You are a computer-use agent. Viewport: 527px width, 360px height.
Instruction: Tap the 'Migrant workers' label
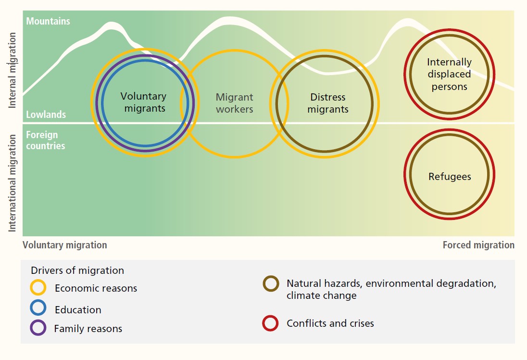(234, 103)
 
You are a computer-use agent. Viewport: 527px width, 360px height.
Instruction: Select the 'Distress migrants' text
(328, 103)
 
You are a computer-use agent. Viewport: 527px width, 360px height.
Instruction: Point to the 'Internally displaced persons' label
(449, 75)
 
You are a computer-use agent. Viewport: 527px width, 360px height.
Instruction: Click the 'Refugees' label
(450, 177)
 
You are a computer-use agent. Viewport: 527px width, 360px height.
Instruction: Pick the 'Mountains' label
(48, 21)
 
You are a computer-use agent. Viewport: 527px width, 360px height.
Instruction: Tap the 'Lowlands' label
(46, 115)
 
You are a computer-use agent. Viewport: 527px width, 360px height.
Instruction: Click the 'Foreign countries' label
(45, 140)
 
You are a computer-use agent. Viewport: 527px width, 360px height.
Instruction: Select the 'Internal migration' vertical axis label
(13, 70)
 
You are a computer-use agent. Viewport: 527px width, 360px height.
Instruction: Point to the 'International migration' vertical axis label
(13, 183)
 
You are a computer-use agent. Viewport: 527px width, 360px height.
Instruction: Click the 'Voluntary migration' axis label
(65, 245)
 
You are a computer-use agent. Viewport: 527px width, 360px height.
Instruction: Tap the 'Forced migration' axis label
(478, 245)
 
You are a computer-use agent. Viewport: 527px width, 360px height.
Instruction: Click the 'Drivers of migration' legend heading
(77, 270)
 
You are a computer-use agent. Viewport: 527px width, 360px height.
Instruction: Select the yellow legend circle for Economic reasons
(38, 287)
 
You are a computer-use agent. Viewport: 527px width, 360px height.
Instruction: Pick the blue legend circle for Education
(38, 308)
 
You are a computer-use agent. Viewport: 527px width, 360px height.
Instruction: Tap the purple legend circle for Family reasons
(38, 328)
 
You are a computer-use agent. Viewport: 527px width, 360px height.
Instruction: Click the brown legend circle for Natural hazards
(270, 283)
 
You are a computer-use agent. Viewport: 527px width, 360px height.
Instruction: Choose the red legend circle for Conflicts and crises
(270, 323)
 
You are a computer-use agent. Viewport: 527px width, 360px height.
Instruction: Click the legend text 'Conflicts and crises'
(330, 323)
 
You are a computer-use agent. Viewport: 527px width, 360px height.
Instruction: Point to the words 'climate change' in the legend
(322, 296)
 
